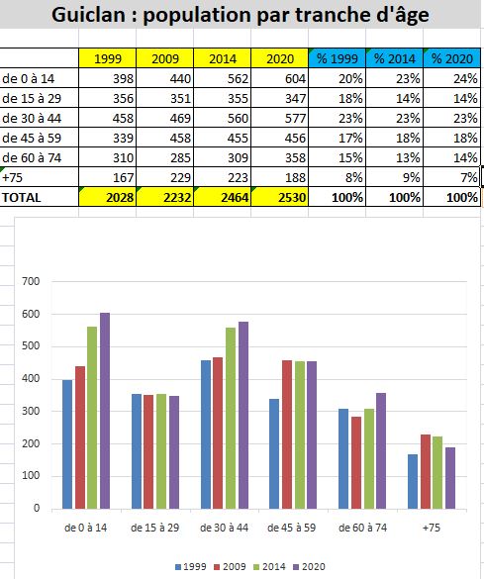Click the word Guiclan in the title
88,15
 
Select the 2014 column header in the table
223,58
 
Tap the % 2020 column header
452,58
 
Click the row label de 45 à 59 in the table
32,138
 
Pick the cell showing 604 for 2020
279,78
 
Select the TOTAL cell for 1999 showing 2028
108,197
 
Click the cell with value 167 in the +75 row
108,177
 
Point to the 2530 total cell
279,197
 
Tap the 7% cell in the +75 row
452,177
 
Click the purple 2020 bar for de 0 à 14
105,411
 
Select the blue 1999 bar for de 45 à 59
274,453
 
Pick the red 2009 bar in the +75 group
426,471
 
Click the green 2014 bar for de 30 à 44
231,418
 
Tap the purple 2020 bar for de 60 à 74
381,450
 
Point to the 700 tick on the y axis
31,281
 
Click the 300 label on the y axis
31,411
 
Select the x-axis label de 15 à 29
154,528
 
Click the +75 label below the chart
432,528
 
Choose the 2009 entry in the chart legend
230,566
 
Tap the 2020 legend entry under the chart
310,566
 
